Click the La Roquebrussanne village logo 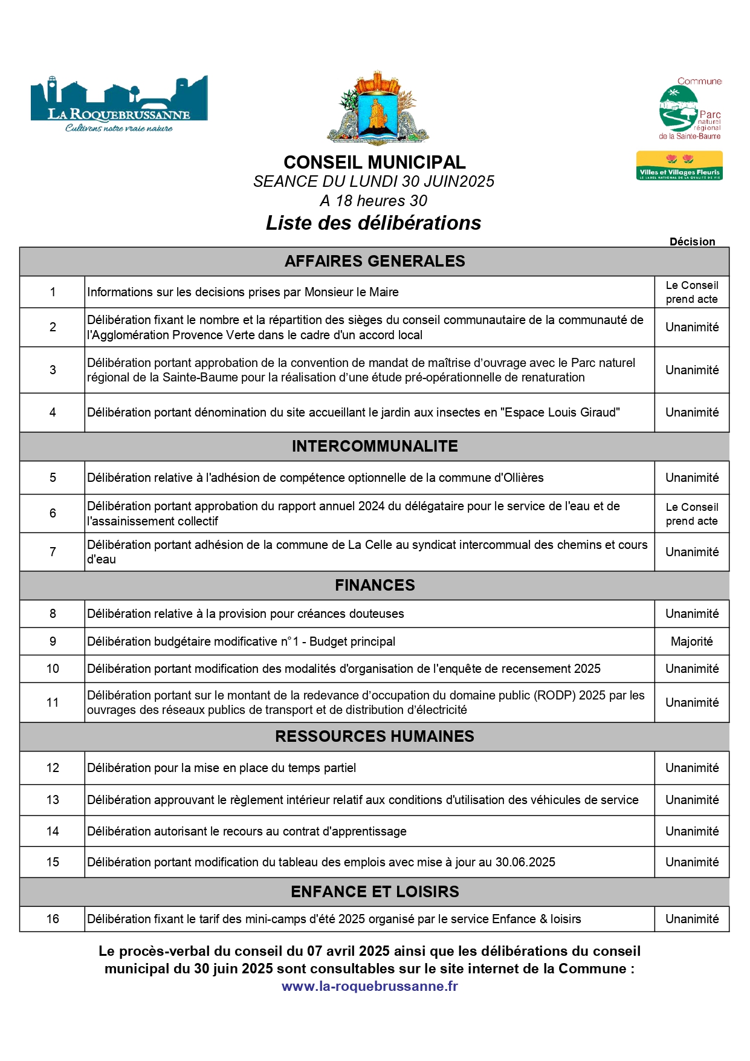pos(119,104)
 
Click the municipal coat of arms pos(377,109)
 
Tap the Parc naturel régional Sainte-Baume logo pos(690,109)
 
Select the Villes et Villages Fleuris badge pos(679,166)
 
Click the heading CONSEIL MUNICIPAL pos(375,162)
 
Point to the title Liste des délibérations pos(373,223)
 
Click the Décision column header pos(692,242)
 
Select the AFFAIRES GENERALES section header pos(375,261)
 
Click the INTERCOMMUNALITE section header pos(375,446)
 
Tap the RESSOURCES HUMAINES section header pos(375,736)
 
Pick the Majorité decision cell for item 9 pos(692,641)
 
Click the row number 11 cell pos(53,702)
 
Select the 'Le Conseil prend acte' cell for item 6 pos(692,514)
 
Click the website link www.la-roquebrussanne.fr pos(370,986)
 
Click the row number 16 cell pos(53,919)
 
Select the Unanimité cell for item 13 pos(692,800)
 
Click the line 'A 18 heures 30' pos(373,201)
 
